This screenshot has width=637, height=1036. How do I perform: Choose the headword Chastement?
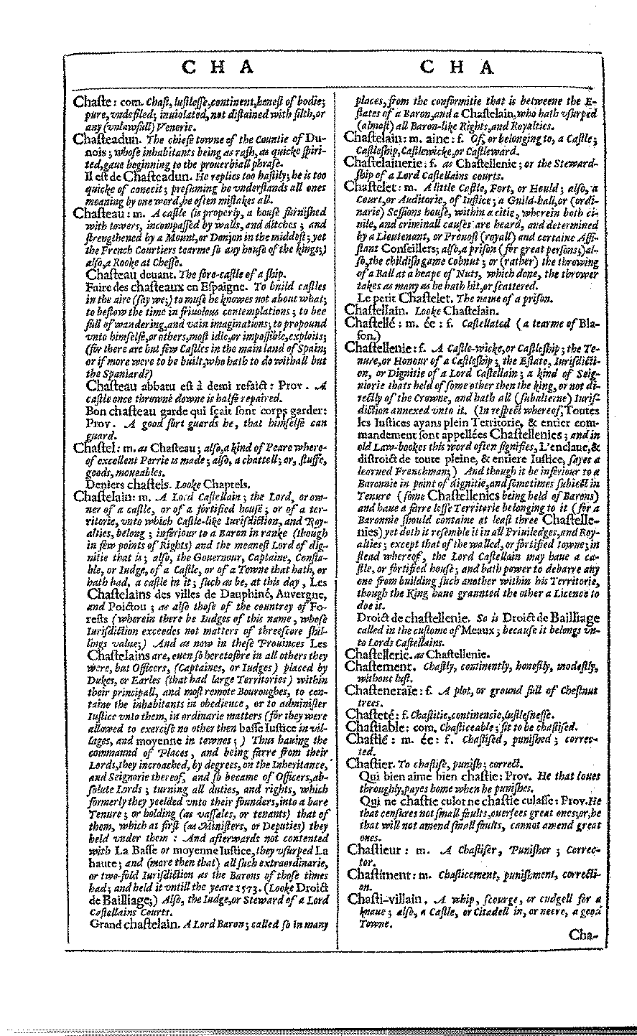pyautogui.click(x=380, y=666)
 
